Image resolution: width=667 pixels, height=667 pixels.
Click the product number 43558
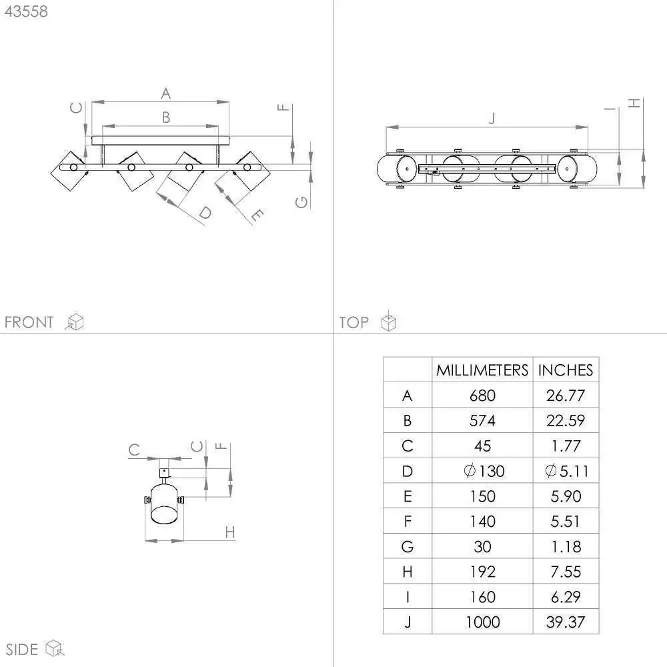pos(27,11)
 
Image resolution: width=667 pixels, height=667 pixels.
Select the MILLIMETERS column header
pos(482,370)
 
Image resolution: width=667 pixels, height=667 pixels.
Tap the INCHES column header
pos(566,370)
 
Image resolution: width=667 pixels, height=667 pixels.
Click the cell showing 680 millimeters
pos(482,396)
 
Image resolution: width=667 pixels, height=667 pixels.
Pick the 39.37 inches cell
pos(566,622)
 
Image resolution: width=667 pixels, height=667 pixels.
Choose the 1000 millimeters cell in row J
pos(482,622)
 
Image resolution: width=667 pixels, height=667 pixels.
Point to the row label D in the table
pos(407,472)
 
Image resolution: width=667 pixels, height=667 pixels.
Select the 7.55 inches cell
pos(566,572)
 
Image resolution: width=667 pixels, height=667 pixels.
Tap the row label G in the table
pos(407,547)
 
